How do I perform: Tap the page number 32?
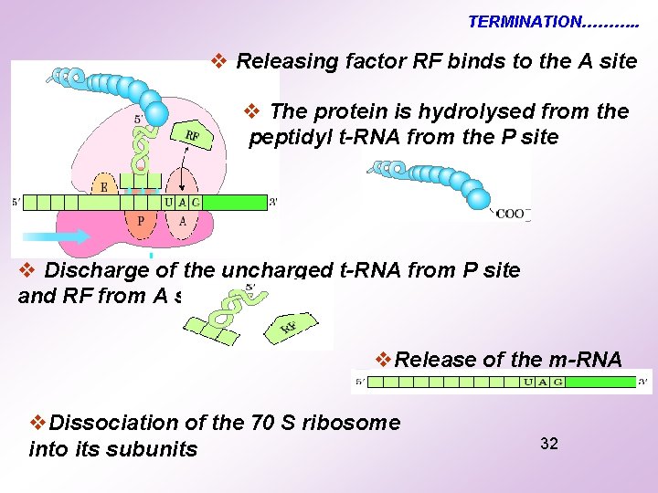pos(549,444)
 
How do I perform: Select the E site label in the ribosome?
pos(104,187)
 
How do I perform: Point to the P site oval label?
pos(140,220)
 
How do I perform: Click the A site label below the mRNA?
pos(183,220)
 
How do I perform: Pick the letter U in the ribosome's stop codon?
pos(170,202)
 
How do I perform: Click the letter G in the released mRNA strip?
pos(557,382)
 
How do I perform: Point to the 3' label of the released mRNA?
pos(643,382)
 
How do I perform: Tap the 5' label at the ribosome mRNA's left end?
pos(17,202)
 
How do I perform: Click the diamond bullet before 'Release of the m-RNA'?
pos(384,359)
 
